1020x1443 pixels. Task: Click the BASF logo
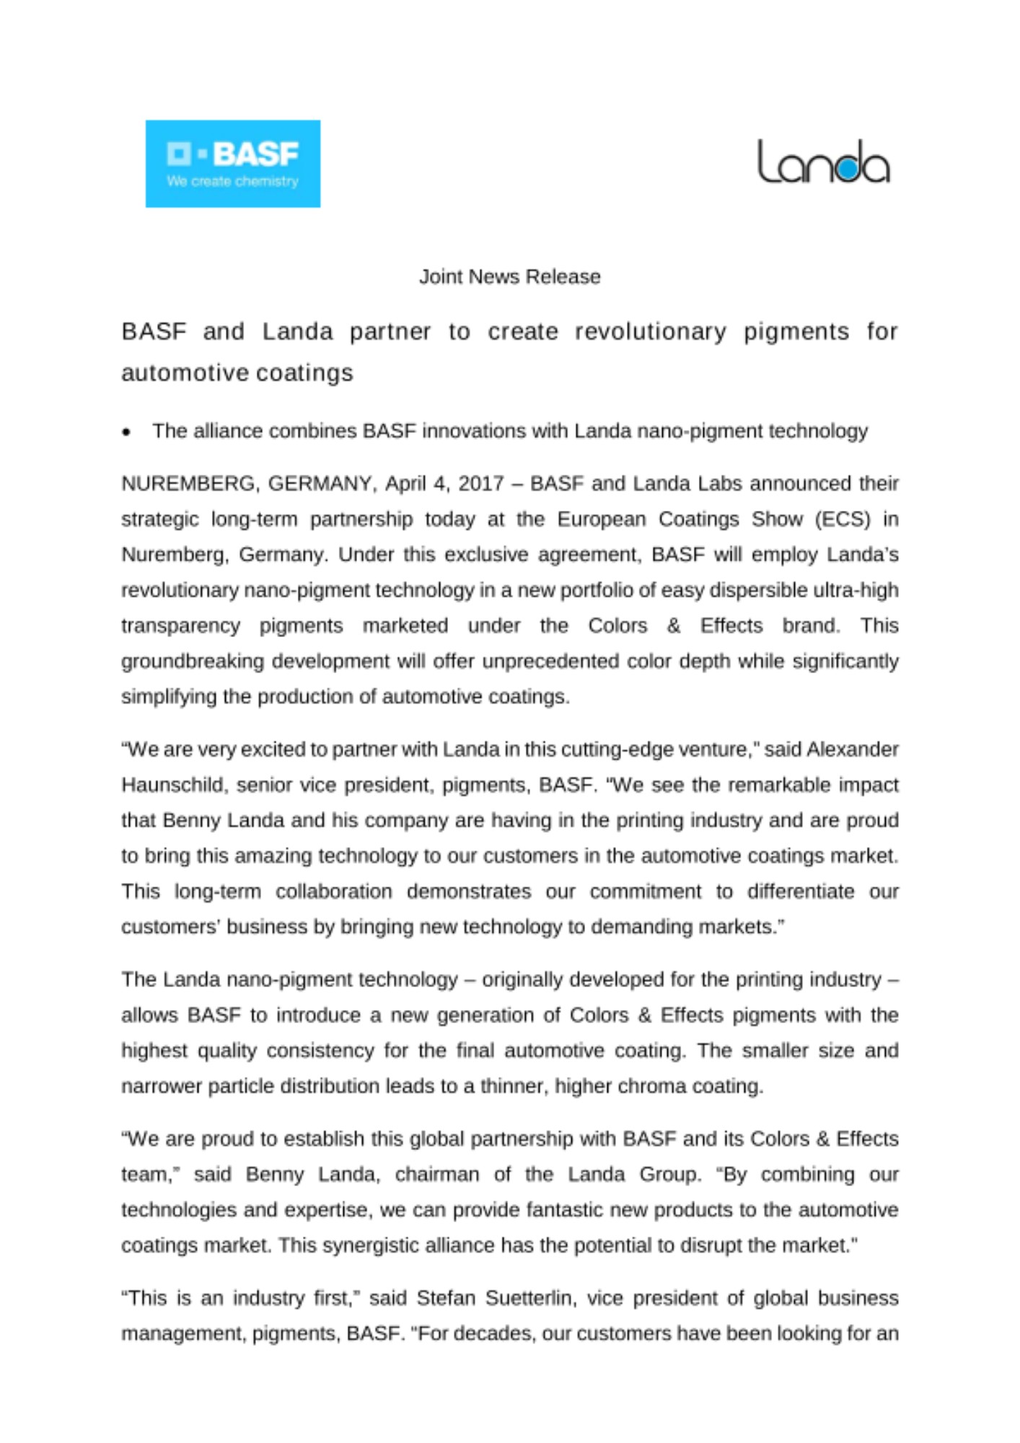tap(232, 164)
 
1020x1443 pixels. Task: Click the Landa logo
tap(822, 162)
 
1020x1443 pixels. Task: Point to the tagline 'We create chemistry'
tap(232, 181)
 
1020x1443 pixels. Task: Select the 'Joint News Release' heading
tap(509, 277)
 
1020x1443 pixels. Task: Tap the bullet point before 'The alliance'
tap(127, 432)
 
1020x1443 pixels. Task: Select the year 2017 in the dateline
tap(480, 483)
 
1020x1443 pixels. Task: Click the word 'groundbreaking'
tap(193, 662)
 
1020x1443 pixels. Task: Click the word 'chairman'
tap(436, 1175)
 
